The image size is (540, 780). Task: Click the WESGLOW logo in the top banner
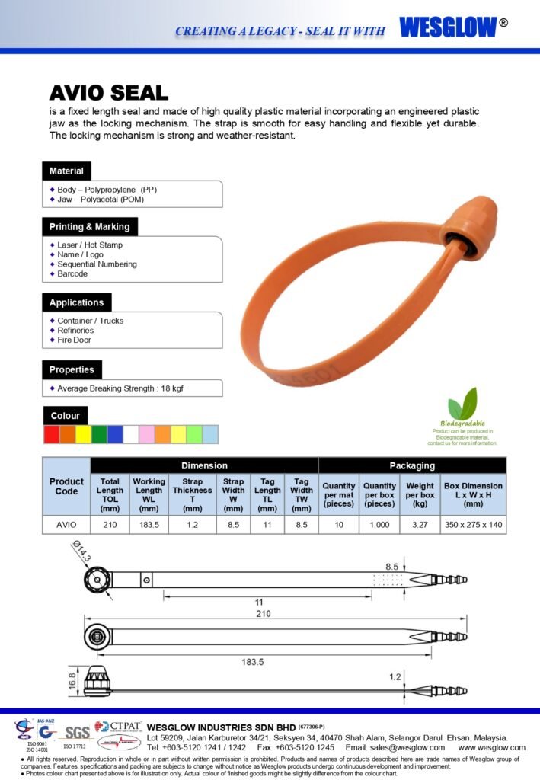[x=447, y=27]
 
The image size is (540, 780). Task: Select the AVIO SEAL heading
[x=108, y=93]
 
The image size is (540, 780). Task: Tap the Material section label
[x=66, y=171]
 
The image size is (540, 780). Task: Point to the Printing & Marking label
[x=89, y=226]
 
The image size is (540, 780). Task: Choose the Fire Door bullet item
[x=74, y=340]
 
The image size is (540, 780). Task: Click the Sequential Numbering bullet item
[x=97, y=264]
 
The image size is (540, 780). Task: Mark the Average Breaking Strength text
[x=120, y=388]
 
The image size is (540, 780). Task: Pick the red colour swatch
[x=51, y=434]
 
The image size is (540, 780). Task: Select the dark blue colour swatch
[x=115, y=434]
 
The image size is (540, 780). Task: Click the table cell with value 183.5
[x=149, y=524]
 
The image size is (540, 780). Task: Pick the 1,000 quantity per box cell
[x=379, y=524]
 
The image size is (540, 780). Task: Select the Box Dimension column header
[x=473, y=494]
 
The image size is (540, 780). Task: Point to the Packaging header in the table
[x=412, y=465]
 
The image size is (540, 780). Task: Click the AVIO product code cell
[x=66, y=524]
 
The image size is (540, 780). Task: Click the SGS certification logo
[x=76, y=733]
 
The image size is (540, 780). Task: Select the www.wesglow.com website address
[x=491, y=747]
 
